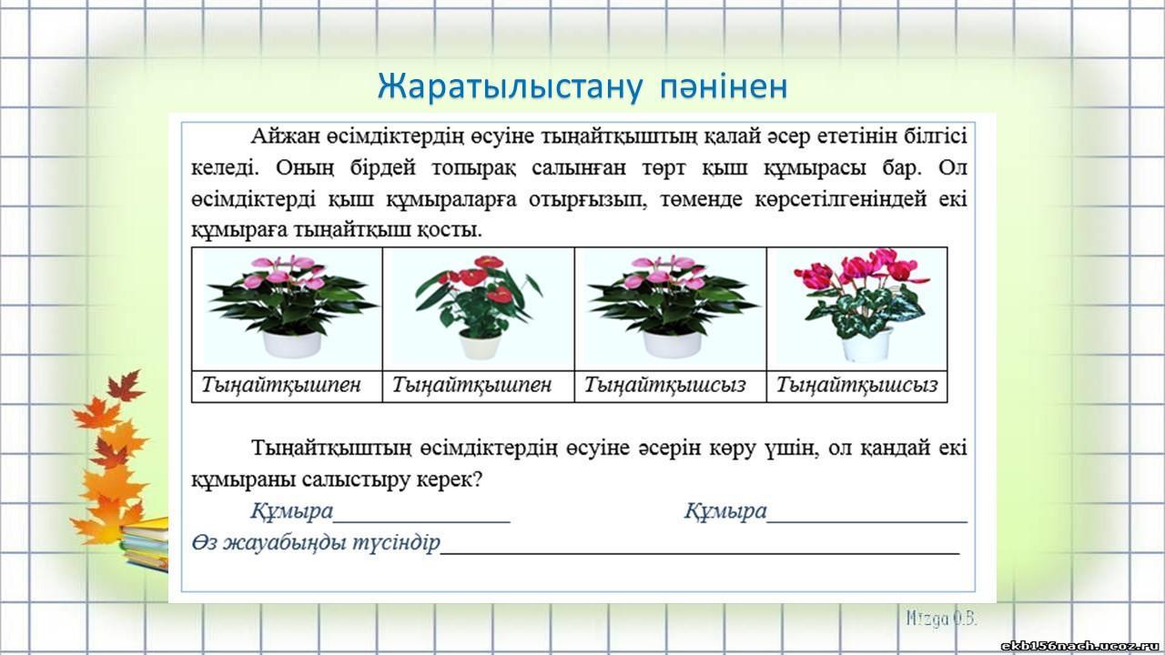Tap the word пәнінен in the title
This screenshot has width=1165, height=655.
coord(724,87)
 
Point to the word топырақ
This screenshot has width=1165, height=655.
coord(474,168)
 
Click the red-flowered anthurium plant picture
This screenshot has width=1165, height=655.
coord(478,307)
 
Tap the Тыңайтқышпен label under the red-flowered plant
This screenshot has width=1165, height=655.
coord(471,385)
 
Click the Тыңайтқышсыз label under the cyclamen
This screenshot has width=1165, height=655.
coord(856,385)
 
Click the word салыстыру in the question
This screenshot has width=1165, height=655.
coord(356,479)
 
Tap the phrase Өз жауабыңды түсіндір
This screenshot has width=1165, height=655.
coord(316,543)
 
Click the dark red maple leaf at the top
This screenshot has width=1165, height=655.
coord(126,385)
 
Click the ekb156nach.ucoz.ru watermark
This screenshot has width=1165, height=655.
coord(1082,646)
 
